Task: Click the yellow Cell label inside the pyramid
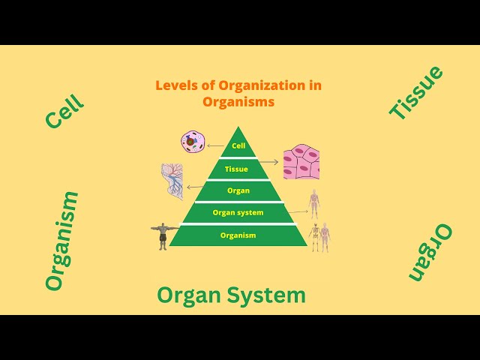coord(238,146)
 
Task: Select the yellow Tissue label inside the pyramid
coord(236,169)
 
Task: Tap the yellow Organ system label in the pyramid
coord(238,213)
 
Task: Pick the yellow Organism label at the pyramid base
coord(238,235)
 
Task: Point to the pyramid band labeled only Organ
coord(238,190)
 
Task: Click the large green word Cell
coord(64,112)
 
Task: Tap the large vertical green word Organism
coord(61,241)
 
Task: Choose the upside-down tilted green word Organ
coord(430,252)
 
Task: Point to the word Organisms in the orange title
coord(238,102)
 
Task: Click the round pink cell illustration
coord(193,141)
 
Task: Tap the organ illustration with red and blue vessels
coord(172,181)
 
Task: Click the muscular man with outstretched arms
coord(163,235)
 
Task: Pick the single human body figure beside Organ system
coord(314,203)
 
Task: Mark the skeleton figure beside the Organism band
coord(315,237)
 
